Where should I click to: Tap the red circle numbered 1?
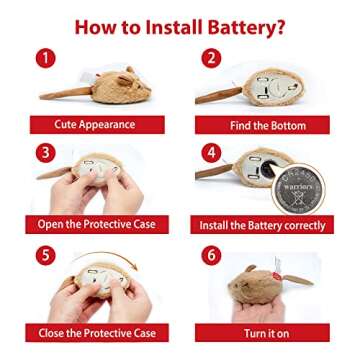[x=43, y=58]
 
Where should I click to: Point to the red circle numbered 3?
[x=43, y=155]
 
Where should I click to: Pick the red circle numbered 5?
[x=43, y=255]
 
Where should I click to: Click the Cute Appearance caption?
[x=97, y=125]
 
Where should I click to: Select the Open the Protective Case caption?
[x=97, y=225]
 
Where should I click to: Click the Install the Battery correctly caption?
[x=263, y=225]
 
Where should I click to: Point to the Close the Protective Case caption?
[x=97, y=332]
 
